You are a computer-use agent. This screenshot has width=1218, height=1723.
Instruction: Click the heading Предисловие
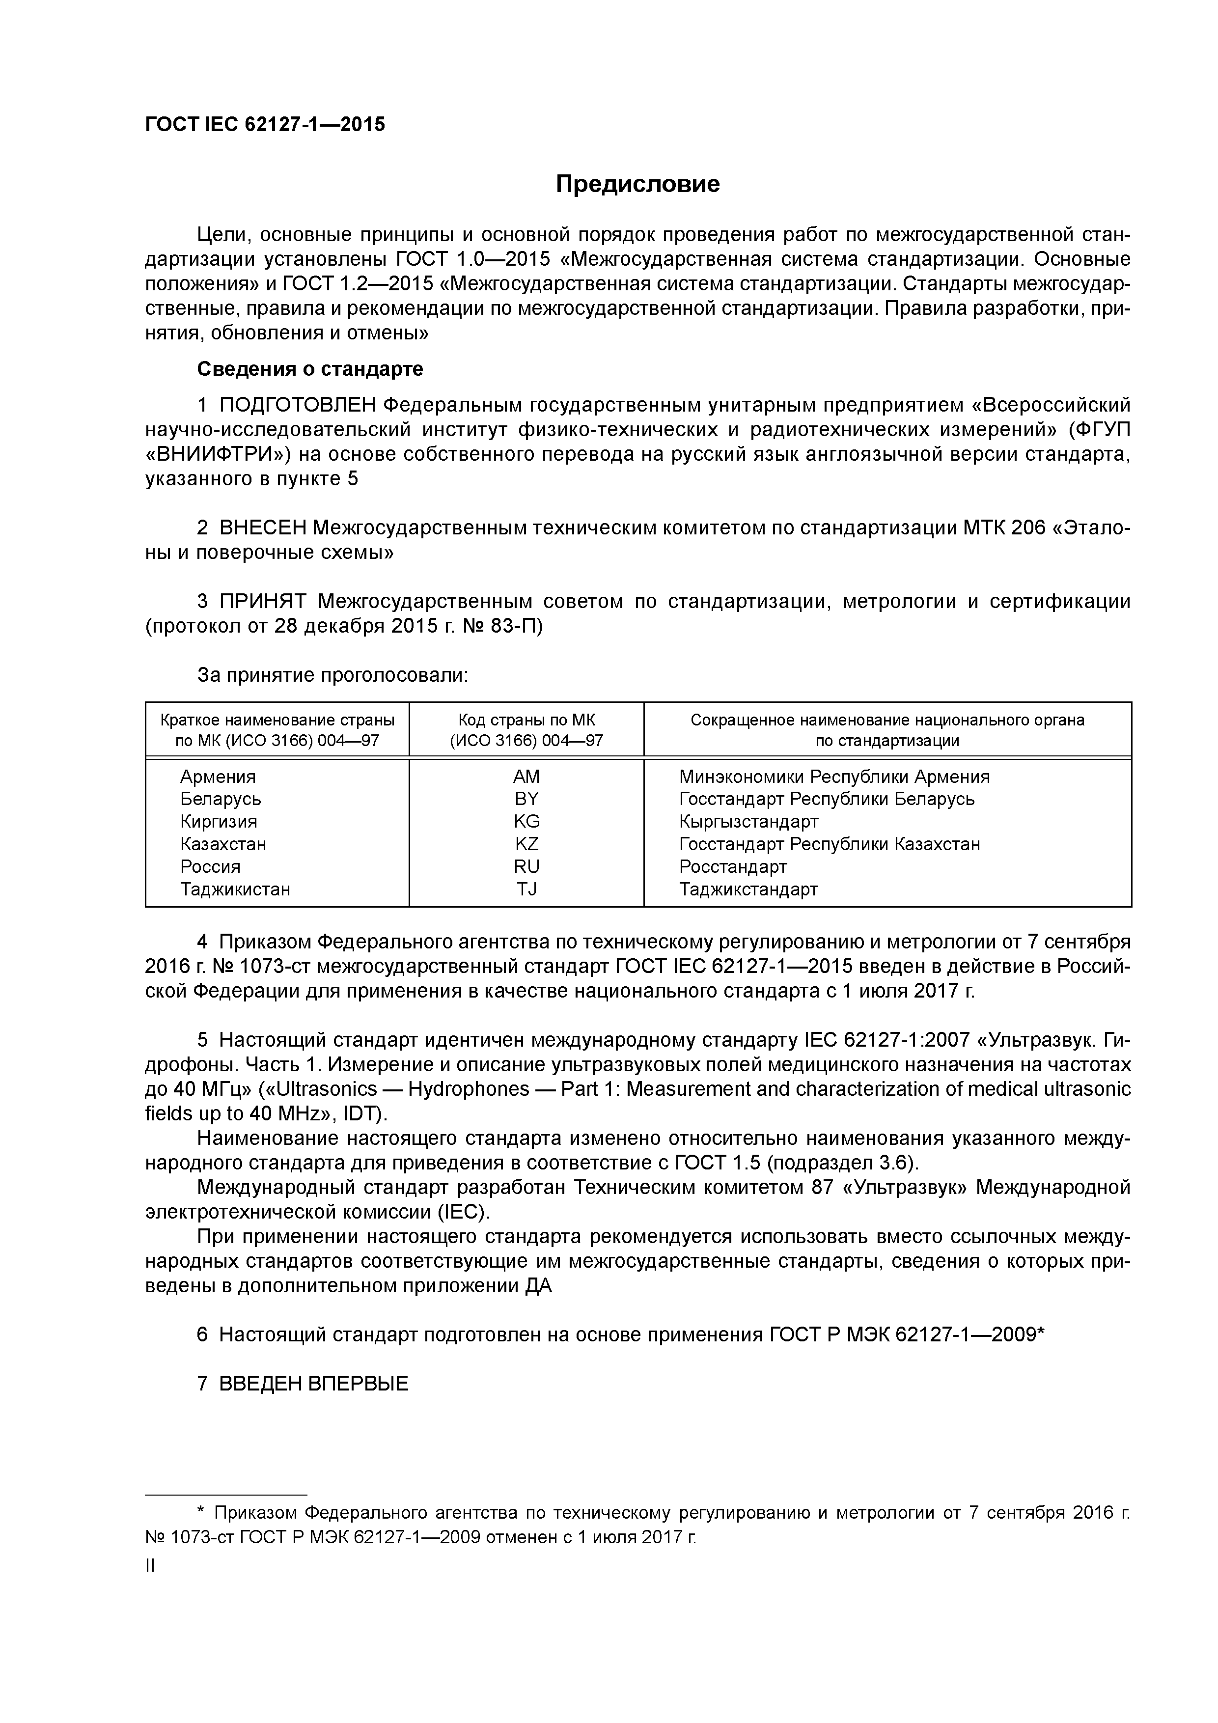pos(637,184)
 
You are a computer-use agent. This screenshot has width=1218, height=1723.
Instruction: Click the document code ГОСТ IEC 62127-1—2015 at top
pos(265,125)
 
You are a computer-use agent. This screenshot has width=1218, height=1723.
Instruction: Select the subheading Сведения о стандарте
pos(310,369)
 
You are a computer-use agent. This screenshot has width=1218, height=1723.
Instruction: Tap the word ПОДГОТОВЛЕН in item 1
pos(297,405)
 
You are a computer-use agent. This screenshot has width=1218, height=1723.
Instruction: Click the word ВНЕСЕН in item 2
pos(263,528)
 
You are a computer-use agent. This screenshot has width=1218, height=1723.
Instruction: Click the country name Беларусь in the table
pos(221,799)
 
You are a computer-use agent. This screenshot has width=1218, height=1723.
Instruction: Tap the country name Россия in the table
pos(210,867)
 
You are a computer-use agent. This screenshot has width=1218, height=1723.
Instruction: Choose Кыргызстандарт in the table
pos(748,822)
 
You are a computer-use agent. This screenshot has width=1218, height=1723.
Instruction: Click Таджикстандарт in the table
pos(748,889)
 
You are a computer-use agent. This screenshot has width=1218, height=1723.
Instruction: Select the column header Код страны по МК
pos(526,721)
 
